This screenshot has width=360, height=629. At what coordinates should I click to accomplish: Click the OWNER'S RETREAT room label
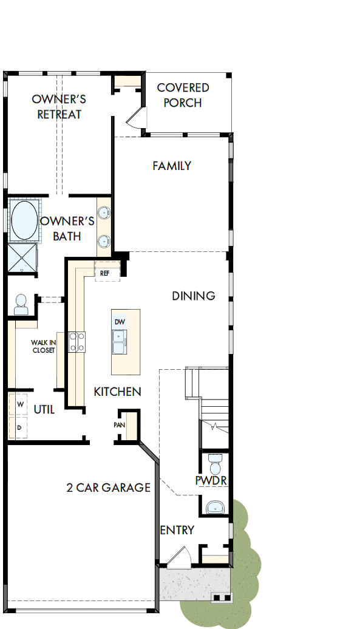pyautogui.click(x=59, y=106)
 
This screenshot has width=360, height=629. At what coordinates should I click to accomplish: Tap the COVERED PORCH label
pyautogui.click(x=183, y=95)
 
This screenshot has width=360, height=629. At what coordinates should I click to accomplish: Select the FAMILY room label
pyautogui.click(x=172, y=166)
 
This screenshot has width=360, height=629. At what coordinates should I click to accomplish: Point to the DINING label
pyautogui.click(x=193, y=296)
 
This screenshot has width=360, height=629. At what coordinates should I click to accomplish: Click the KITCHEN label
pyautogui.click(x=117, y=392)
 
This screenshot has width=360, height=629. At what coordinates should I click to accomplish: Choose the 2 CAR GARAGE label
pyautogui.click(x=108, y=487)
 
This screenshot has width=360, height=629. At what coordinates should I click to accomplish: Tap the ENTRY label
pyautogui.click(x=177, y=530)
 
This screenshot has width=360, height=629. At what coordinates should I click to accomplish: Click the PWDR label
pyautogui.click(x=211, y=481)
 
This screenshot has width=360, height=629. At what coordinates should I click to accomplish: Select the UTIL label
pyautogui.click(x=44, y=410)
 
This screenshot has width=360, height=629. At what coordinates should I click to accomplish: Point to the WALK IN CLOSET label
pyautogui.click(x=43, y=346)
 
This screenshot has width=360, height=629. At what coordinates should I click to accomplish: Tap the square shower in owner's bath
pyautogui.click(x=22, y=257)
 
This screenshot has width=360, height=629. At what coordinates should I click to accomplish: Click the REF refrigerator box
pyautogui.click(x=106, y=273)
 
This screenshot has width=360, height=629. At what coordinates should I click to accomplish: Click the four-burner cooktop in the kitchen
pyautogui.click(x=76, y=342)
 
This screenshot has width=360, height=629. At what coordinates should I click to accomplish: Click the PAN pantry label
pyautogui.click(x=120, y=424)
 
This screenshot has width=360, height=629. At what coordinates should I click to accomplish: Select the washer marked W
pyautogui.click(x=20, y=404)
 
